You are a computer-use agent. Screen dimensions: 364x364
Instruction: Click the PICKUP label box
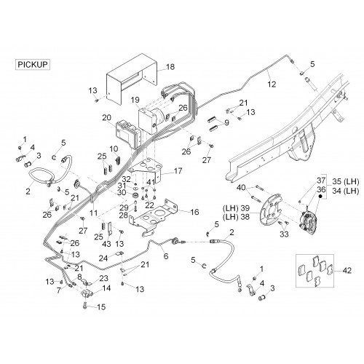tap(33, 65)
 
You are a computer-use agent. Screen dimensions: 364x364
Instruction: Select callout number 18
tap(170, 67)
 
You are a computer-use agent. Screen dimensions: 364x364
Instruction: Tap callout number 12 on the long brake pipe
tap(272, 84)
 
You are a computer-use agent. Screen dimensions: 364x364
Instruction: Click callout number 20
tap(107, 118)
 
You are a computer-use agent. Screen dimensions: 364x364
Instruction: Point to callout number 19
tap(135, 100)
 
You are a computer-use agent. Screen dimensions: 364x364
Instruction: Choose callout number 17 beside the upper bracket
tap(178, 171)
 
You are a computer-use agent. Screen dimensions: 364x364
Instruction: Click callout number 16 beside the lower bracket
tap(194, 212)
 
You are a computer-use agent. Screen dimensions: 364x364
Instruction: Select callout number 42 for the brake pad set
tap(347, 270)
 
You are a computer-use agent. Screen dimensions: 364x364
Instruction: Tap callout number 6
tap(166, 256)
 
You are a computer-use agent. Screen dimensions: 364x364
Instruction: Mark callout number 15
tap(101, 306)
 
